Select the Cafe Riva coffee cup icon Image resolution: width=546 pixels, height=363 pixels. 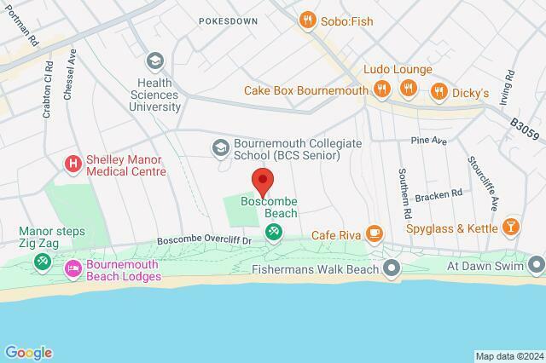[x=374, y=233]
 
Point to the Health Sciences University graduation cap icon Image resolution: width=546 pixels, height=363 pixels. [x=154, y=60]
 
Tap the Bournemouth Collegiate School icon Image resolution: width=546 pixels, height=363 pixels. [x=220, y=148]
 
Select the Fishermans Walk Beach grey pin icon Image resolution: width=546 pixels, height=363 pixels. [x=392, y=269]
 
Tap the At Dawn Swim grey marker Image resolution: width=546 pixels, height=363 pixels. [x=535, y=265]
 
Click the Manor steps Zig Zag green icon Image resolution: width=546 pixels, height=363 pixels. [x=40, y=262]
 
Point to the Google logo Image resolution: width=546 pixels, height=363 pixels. [x=28, y=353]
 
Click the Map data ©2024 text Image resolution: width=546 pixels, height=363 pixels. [x=508, y=356]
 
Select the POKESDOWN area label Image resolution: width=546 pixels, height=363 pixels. [x=228, y=20]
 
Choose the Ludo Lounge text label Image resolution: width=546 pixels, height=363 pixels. [x=398, y=69]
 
